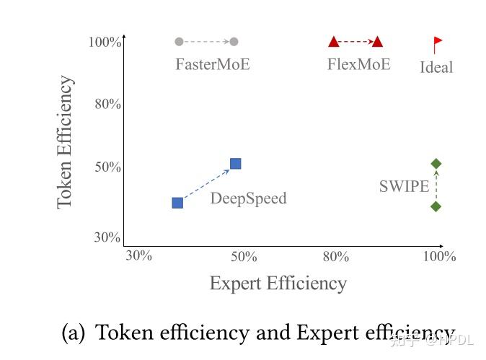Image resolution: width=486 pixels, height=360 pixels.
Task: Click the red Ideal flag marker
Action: (x=437, y=44)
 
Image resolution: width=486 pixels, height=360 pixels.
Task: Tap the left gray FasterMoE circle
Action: (x=180, y=41)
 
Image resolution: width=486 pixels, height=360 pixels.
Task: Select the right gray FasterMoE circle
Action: (x=234, y=41)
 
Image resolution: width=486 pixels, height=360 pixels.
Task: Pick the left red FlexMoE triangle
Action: (x=333, y=42)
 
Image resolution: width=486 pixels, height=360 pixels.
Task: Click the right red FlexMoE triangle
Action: (x=377, y=42)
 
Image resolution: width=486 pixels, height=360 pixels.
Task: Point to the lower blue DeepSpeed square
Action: (x=177, y=203)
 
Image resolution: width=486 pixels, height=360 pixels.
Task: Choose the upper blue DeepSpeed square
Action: (x=235, y=164)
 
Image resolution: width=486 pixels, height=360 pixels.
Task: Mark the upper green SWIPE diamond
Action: (x=436, y=164)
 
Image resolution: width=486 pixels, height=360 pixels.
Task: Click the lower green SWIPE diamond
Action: (x=436, y=206)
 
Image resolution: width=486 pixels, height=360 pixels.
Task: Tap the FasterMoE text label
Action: (x=213, y=64)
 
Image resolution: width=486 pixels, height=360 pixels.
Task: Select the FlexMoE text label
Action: (x=358, y=64)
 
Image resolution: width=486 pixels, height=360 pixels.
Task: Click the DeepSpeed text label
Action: (x=248, y=198)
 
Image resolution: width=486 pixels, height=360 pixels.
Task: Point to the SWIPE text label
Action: (x=404, y=187)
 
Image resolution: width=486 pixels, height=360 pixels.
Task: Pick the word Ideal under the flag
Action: (x=436, y=67)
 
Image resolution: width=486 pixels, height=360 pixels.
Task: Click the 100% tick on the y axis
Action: (x=105, y=42)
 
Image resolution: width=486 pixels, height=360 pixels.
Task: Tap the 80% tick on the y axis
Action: (x=107, y=105)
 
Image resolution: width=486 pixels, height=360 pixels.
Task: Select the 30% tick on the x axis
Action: (x=138, y=256)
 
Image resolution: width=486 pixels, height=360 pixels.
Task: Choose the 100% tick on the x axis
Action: (x=439, y=256)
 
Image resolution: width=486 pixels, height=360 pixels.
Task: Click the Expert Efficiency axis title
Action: (x=278, y=284)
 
